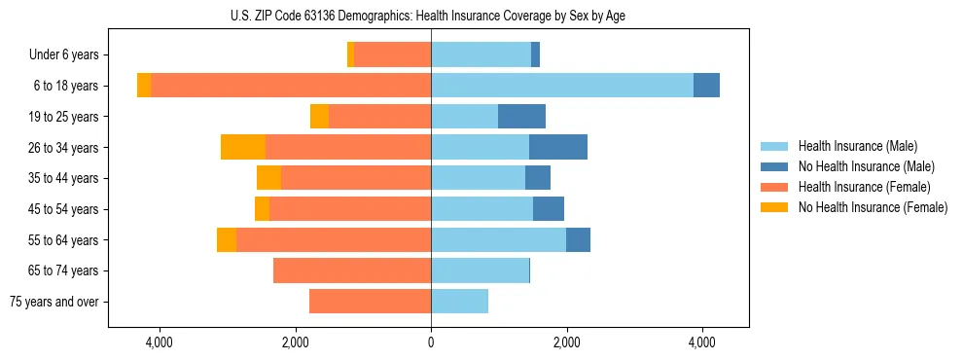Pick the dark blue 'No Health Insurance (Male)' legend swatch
[x=774, y=166]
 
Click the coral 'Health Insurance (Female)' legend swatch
[x=774, y=187]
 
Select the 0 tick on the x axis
[x=431, y=342]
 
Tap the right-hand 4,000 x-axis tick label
[x=702, y=342]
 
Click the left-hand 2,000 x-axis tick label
[x=295, y=342]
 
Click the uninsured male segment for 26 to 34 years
[x=558, y=147]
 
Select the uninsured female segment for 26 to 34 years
[x=243, y=147]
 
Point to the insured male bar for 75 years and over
[x=459, y=302]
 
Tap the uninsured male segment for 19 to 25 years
[x=521, y=117]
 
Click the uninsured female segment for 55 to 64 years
[x=227, y=239]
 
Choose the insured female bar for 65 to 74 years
[x=352, y=270]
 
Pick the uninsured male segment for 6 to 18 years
[x=706, y=86]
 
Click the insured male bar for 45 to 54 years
[x=481, y=209]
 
